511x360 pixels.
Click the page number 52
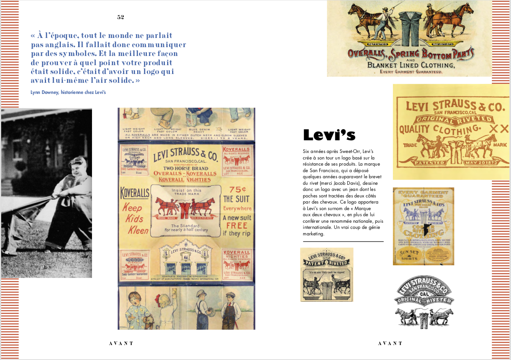pos(121,17)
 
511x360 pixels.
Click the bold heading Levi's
pos(329,135)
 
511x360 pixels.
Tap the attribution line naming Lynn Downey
pos(68,92)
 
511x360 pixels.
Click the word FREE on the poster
pos(237,225)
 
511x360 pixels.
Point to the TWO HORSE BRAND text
pos(186,168)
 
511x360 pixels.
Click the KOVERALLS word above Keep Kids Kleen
pos(135,193)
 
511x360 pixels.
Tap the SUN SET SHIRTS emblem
pos(409,255)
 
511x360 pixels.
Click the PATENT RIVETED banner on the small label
pos(326,263)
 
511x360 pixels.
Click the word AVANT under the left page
pos(121,344)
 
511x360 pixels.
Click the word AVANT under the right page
pos(390,344)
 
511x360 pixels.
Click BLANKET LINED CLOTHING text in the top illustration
pos(411,65)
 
